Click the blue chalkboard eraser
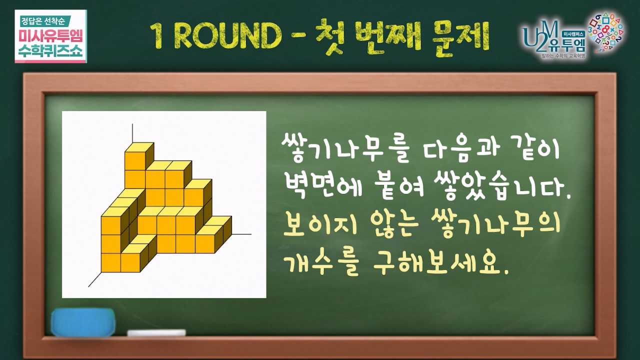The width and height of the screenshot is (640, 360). click(83, 322)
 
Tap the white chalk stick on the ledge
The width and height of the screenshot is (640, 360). click(156, 332)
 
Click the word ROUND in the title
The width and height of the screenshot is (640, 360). click(227, 36)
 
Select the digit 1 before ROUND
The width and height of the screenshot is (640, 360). click(157, 36)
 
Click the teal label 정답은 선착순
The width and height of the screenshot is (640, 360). click(43, 21)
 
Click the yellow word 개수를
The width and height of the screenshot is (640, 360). click(322, 263)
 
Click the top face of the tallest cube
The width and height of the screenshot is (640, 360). click(139, 147)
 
